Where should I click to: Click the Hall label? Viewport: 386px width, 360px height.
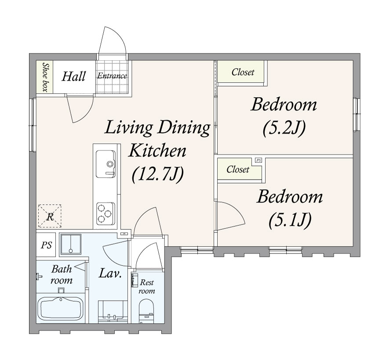(x=73, y=77)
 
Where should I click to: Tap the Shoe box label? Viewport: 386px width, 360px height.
(x=45, y=77)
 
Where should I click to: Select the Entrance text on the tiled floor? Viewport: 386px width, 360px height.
(x=112, y=76)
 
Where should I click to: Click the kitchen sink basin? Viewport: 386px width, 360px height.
(x=106, y=164)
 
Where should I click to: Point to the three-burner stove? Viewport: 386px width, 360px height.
(x=106, y=213)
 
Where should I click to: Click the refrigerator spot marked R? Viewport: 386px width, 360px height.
(x=50, y=216)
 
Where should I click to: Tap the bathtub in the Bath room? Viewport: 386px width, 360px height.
(x=61, y=309)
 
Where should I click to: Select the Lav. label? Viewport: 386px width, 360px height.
(x=110, y=273)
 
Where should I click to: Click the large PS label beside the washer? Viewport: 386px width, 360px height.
(x=46, y=245)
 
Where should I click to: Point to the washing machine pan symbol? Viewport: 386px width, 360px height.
(x=71, y=244)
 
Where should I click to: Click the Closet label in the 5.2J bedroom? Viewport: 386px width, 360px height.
(x=243, y=72)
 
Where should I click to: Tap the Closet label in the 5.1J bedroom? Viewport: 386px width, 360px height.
(x=238, y=169)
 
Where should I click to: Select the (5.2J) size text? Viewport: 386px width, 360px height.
(x=284, y=129)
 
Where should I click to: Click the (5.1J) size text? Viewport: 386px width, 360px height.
(x=290, y=220)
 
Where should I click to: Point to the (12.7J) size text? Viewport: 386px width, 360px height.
(x=158, y=174)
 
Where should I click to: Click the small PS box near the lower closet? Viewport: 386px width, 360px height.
(x=258, y=160)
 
